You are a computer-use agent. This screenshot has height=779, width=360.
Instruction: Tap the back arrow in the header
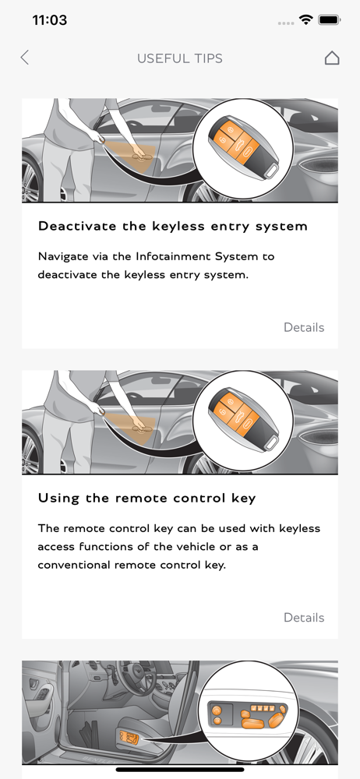[x=24, y=58]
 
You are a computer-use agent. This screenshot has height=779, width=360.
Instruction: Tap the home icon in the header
[x=332, y=58]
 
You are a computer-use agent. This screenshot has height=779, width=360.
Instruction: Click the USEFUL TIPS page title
[x=180, y=58]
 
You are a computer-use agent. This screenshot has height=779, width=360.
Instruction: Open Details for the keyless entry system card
[x=304, y=327]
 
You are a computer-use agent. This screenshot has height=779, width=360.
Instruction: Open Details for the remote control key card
[x=304, y=618]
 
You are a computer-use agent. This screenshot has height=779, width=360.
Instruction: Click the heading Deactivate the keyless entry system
[x=173, y=227]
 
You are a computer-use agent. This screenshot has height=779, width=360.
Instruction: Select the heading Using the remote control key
[x=146, y=499]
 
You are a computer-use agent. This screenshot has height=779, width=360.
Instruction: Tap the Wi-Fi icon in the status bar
[x=305, y=20]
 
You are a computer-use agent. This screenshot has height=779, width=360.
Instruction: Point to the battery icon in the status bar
[x=329, y=20]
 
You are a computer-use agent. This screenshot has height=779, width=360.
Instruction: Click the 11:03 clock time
[x=50, y=20]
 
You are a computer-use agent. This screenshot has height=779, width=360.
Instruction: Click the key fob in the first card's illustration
[x=242, y=147]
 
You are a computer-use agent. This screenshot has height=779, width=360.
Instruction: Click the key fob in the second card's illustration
[x=242, y=419]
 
